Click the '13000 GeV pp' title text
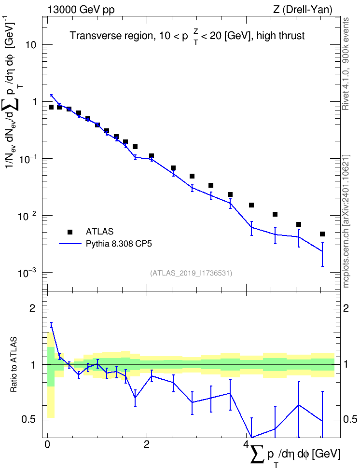tap(81, 10)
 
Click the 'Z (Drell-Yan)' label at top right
tap(302, 10)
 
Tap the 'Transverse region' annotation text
tap(111, 36)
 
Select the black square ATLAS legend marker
tap(69, 232)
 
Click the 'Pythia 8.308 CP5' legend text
tap(119, 244)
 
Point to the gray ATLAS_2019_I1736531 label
tap(191, 273)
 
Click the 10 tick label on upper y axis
tap(30, 45)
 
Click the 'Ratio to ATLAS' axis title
tap(14, 365)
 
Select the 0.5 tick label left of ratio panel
tap(29, 420)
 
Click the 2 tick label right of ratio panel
tap(346, 308)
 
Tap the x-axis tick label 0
tap(47, 444)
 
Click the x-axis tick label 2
tap(147, 444)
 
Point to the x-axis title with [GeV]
tap(295, 455)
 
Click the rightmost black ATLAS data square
tap(322, 234)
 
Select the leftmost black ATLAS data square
tap(51, 107)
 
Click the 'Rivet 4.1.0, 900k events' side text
tap(346, 64)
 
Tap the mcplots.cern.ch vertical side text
tap(346, 221)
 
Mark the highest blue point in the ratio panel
tap(52, 326)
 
